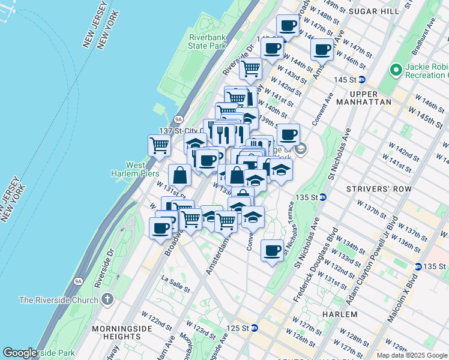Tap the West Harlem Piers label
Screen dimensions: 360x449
tap(143, 169)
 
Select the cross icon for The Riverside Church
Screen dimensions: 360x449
tap(107, 299)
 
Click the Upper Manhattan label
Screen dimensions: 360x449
tap(372, 98)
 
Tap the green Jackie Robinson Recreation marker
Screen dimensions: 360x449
tap(395, 70)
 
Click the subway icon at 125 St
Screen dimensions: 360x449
tap(255, 328)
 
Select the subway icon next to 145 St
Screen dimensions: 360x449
tap(362, 80)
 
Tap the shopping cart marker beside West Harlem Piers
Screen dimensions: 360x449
tap(159, 145)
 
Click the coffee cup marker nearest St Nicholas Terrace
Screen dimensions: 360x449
tap(272, 250)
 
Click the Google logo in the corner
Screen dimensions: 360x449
tap(20, 353)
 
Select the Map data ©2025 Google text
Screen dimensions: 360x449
tap(412, 355)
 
